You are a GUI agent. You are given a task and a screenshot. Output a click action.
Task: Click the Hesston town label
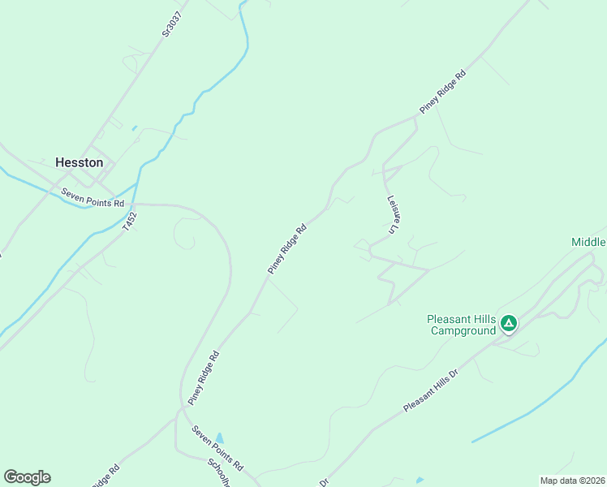coord(79,162)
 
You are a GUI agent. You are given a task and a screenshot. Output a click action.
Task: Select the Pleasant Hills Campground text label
coord(462,325)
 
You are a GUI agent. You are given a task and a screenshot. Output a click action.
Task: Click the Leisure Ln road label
coord(394,213)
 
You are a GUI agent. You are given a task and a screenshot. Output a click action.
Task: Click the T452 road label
coord(131,222)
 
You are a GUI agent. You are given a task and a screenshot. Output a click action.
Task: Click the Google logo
coord(27,477)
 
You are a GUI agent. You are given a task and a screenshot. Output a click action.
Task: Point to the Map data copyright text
coord(572,481)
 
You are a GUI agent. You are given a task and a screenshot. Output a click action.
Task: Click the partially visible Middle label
coord(588,242)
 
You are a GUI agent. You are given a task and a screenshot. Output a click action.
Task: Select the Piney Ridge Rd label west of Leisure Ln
coord(288,248)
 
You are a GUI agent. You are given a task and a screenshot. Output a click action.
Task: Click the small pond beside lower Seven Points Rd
coord(219,438)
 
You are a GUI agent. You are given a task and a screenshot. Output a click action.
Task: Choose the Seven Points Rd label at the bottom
coord(217,449)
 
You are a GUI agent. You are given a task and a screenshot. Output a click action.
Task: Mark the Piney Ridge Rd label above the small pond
coord(204,377)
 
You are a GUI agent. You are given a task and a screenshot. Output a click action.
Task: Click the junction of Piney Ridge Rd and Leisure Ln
coord(416,117)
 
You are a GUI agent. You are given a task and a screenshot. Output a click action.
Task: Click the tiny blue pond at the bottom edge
coord(420,481)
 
